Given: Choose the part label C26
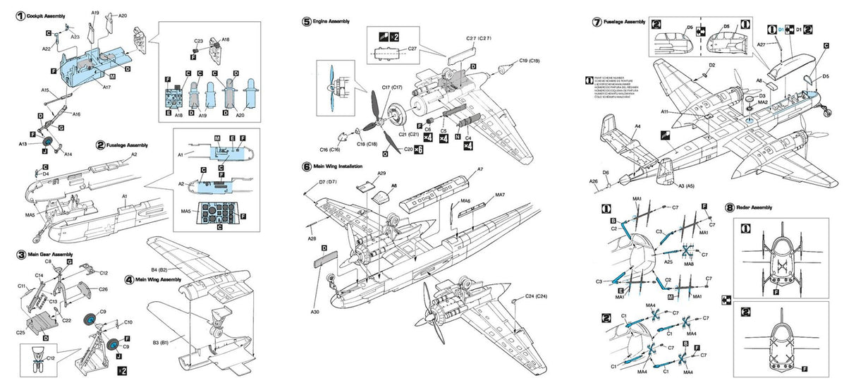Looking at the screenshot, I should (x=103, y=289).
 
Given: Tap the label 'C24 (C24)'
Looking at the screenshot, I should (x=534, y=295).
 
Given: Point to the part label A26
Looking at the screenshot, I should (x=594, y=182).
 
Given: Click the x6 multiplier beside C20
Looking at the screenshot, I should (x=418, y=150).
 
